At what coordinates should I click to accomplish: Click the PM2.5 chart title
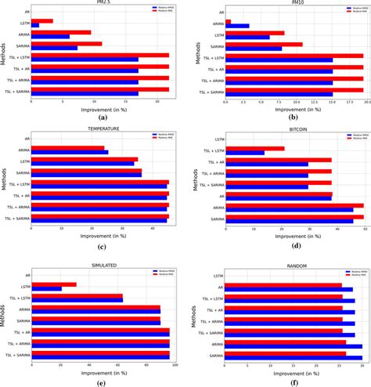(x=102, y=3)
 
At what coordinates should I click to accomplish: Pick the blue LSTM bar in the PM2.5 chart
(x=35, y=25)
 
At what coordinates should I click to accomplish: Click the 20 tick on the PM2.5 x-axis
(x=157, y=103)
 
